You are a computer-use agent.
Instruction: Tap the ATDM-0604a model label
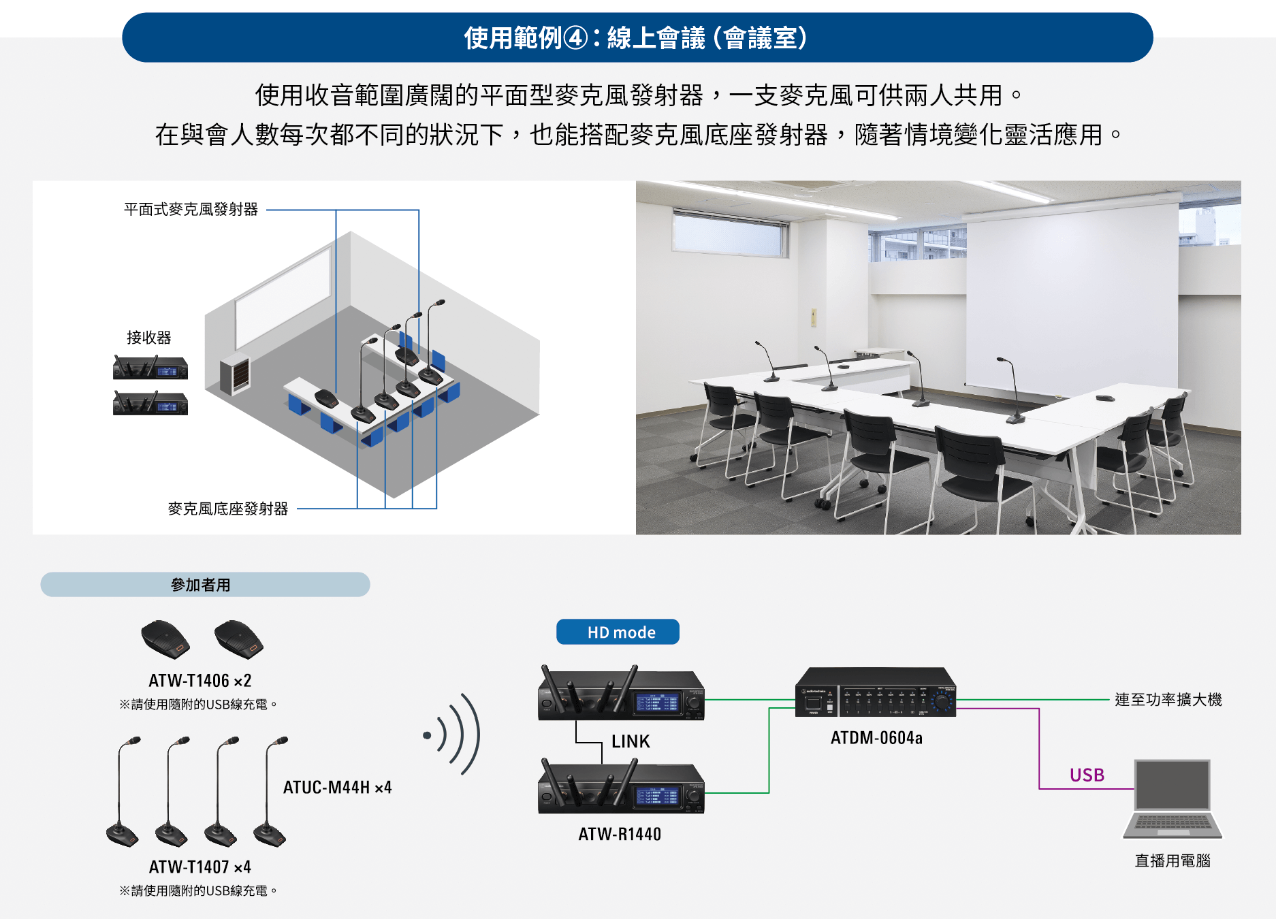point(876,738)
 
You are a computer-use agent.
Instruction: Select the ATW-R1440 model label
point(620,834)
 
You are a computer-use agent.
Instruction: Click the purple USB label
point(1087,775)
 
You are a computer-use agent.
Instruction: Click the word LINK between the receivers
point(631,741)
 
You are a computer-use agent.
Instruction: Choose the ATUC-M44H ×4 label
point(337,788)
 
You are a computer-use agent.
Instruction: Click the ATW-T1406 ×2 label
point(200,681)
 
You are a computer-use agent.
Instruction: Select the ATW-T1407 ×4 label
point(200,867)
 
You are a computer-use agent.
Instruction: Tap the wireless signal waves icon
point(453,735)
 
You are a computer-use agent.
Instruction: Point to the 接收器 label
point(149,338)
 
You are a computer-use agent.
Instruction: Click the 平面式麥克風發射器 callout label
point(191,210)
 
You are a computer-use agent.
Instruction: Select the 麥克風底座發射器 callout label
point(228,509)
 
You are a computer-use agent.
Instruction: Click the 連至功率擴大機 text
point(1168,700)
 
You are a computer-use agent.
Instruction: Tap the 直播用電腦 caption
point(1173,861)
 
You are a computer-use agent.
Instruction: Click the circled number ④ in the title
point(576,38)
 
